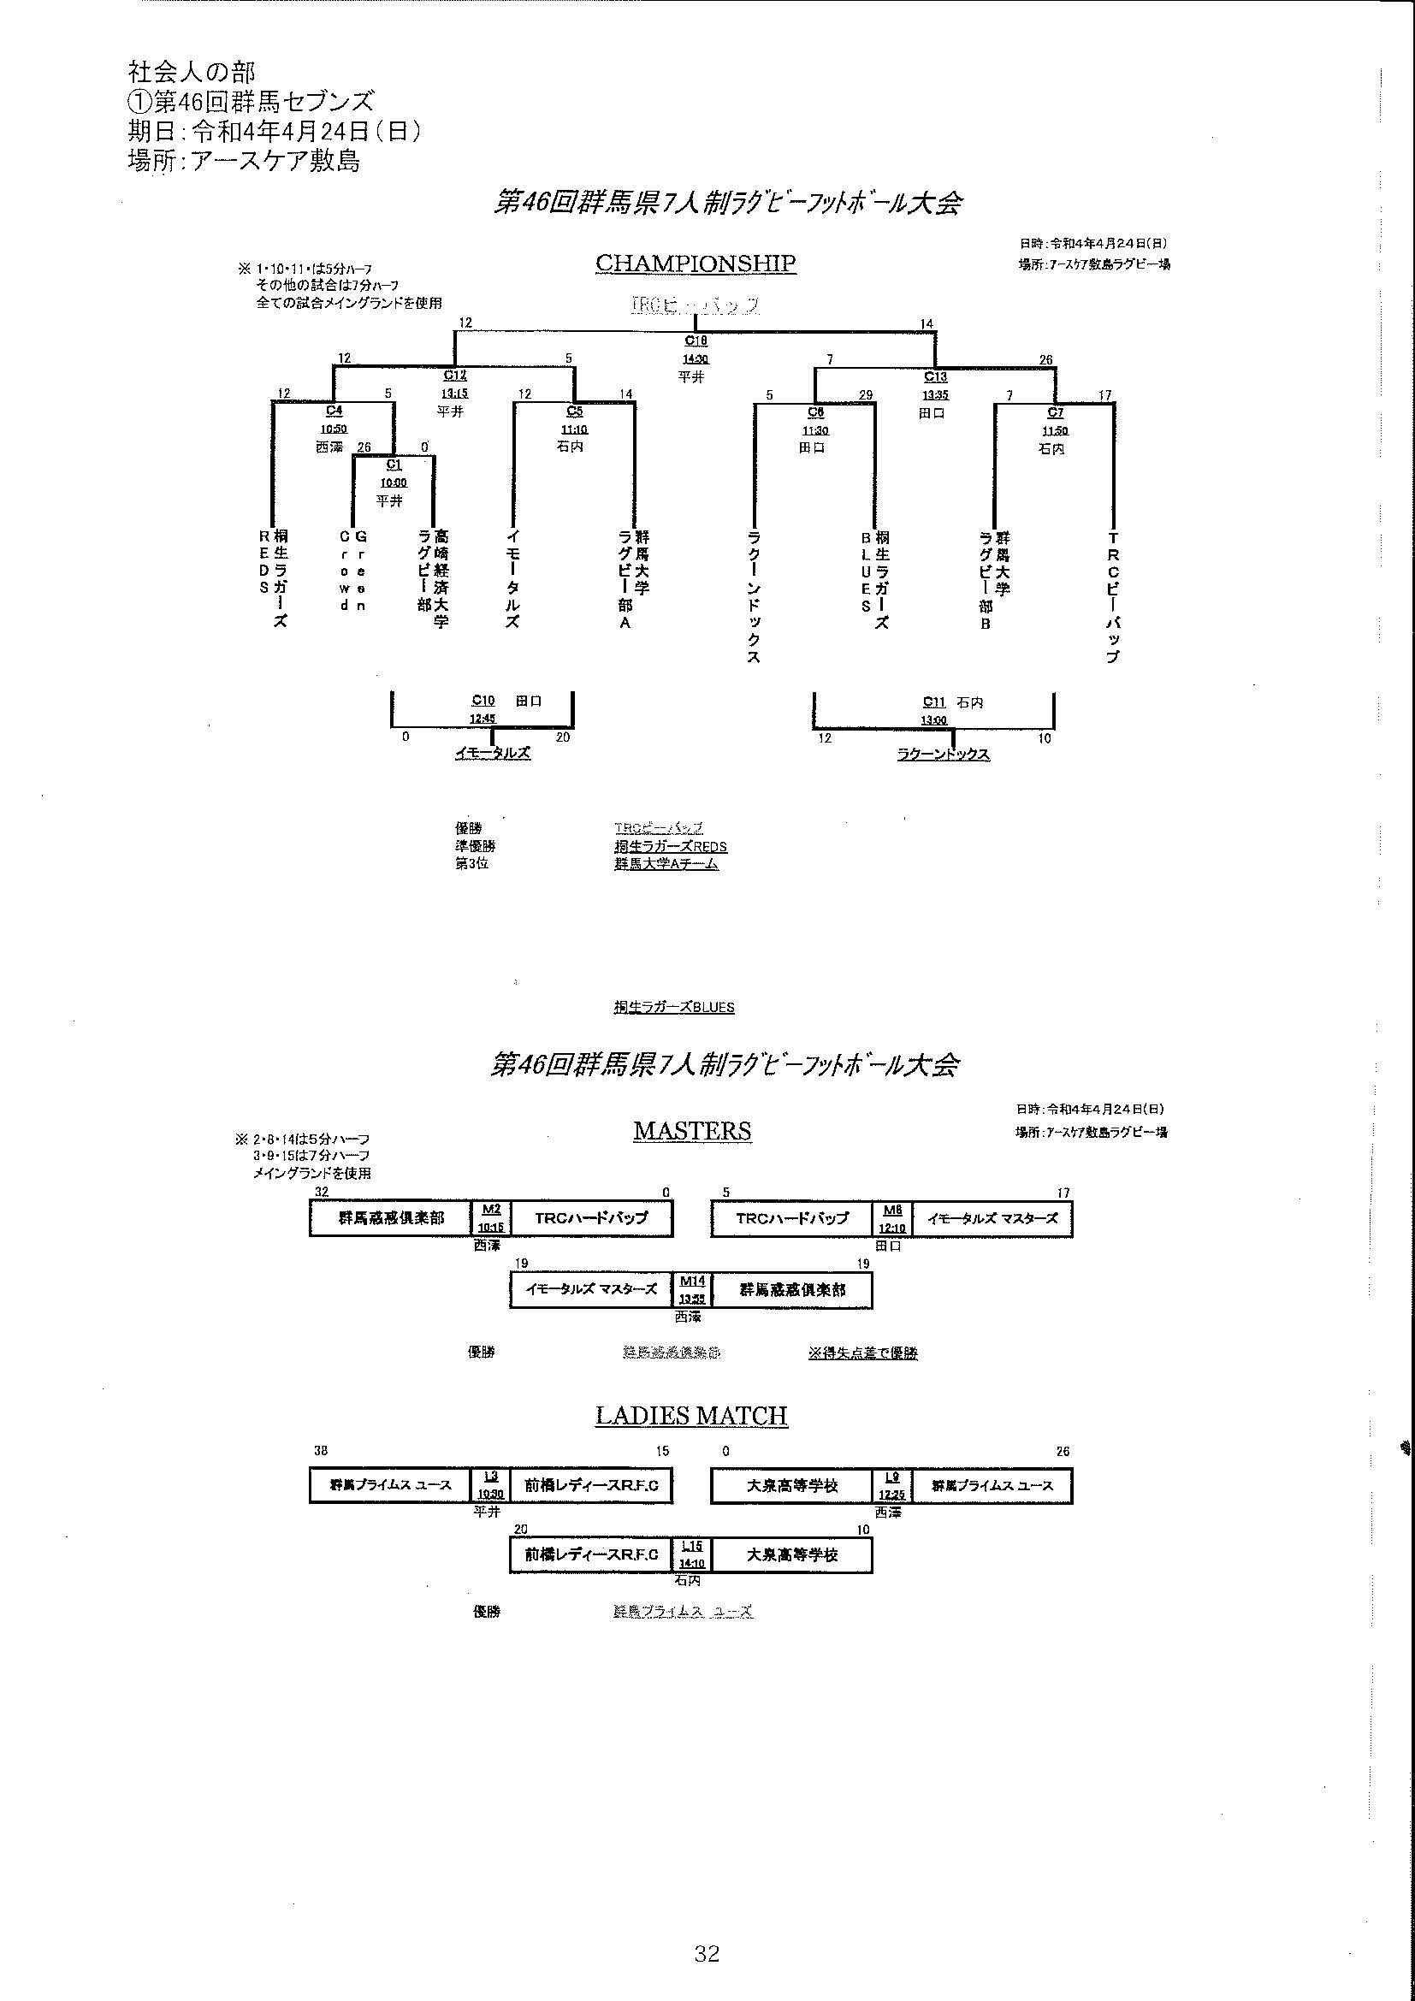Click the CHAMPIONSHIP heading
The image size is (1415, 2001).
[x=696, y=263]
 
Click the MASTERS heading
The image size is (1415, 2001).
[x=692, y=1130]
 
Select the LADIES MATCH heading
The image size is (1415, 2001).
[x=691, y=1415]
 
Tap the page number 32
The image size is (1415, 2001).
[x=707, y=1953]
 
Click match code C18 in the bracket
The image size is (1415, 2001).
[x=696, y=341]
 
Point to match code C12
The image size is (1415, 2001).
[x=455, y=376]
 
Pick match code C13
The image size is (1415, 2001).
[x=935, y=376]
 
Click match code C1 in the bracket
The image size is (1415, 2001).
[x=394, y=465]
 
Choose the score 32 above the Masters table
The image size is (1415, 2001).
[x=322, y=1192]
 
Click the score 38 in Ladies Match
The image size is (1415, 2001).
[x=322, y=1452]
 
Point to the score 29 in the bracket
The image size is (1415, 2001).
[x=865, y=394]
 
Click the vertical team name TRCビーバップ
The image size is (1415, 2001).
[x=1112, y=598]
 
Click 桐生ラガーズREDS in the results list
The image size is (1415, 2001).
[x=670, y=846]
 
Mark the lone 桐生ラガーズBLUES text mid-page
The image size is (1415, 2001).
[x=673, y=1008]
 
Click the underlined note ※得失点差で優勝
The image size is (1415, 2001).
[x=862, y=1353]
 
